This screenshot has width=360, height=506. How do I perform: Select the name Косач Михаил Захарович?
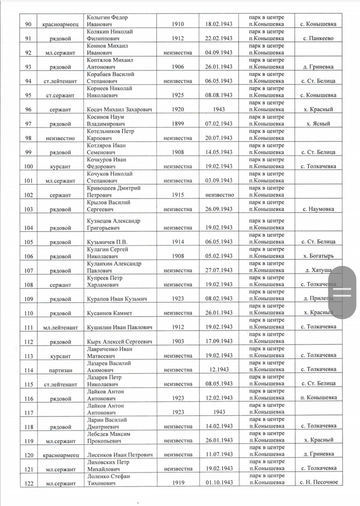(113, 110)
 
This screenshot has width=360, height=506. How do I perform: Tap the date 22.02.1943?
(219, 38)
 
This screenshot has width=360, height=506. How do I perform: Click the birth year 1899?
(177, 124)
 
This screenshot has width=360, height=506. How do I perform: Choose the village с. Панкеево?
(319, 38)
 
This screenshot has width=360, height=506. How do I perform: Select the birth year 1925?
(177, 95)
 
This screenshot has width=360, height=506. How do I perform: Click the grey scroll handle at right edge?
(343, 292)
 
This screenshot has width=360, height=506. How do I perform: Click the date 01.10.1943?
(219, 483)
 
